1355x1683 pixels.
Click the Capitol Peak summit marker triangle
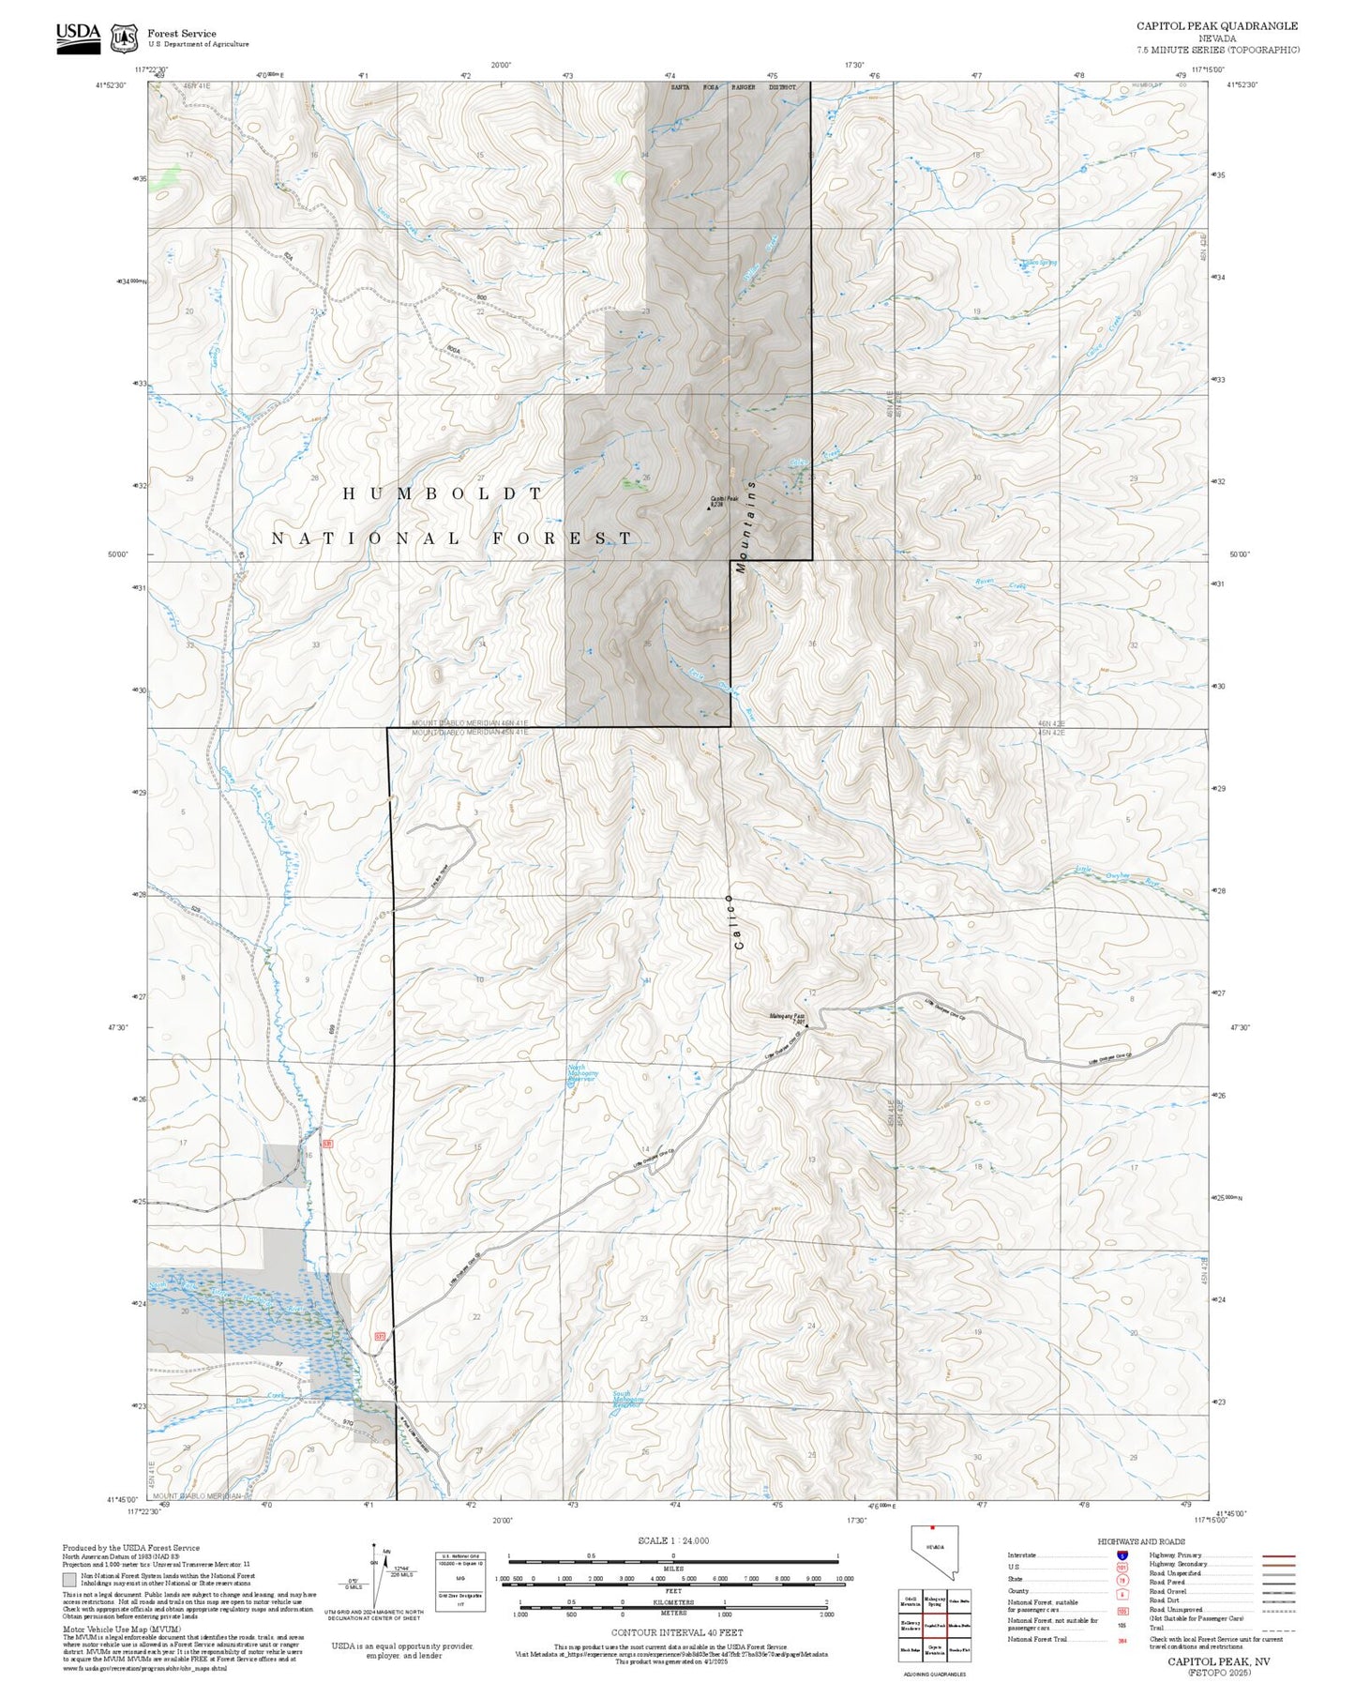(709, 508)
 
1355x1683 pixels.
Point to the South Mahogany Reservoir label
(626, 1399)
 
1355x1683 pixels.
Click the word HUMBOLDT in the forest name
(443, 493)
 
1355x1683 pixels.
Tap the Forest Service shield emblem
(124, 38)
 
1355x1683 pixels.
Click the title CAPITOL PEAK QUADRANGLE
(1217, 26)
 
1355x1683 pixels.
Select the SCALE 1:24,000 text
(673, 1540)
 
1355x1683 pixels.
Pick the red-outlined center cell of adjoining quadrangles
(934, 1625)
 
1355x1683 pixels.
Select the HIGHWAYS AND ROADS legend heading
(1140, 1541)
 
